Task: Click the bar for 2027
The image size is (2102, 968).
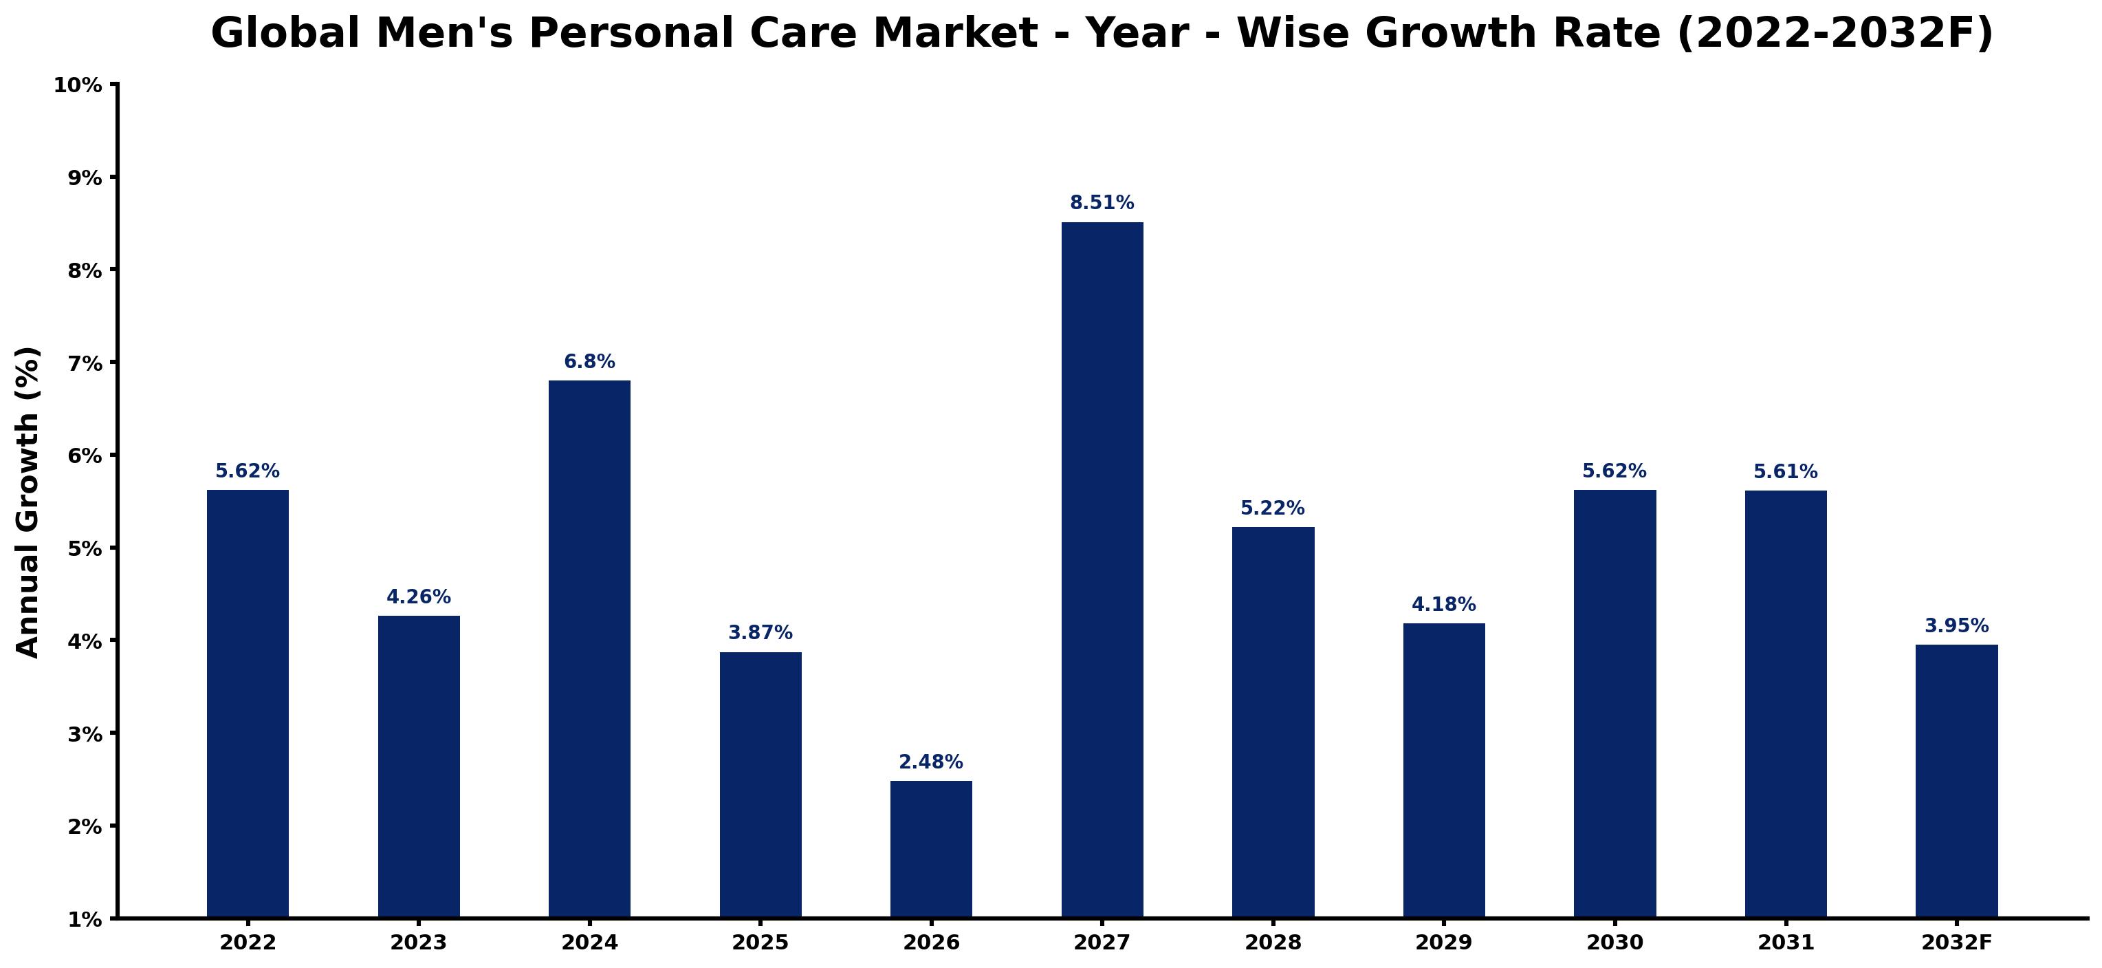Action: click(x=1102, y=570)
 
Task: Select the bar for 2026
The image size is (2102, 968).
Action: click(x=931, y=850)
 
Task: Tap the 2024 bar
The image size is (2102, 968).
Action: click(x=589, y=649)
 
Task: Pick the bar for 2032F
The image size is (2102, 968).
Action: click(x=1957, y=781)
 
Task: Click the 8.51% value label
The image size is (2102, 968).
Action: click(x=1102, y=202)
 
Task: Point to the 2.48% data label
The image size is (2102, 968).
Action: click(x=931, y=762)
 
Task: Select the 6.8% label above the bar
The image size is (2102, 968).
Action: click(x=589, y=362)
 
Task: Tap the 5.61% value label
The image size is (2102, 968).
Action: click(x=1786, y=472)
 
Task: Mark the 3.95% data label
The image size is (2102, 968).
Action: click(x=1957, y=626)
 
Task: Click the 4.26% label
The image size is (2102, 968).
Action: click(x=419, y=596)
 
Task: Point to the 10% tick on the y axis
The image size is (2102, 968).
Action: click(x=78, y=85)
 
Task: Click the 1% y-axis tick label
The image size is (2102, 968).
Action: click(x=84, y=920)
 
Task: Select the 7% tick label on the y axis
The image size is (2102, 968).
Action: click(x=84, y=363)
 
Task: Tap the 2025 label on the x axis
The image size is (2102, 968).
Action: click(x=760, y=943)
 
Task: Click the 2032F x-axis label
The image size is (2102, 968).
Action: click(x=1957, y=943)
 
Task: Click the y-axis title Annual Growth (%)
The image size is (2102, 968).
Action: click(x=28, y=502)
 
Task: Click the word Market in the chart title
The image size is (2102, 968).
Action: click(x=957, y=34)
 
